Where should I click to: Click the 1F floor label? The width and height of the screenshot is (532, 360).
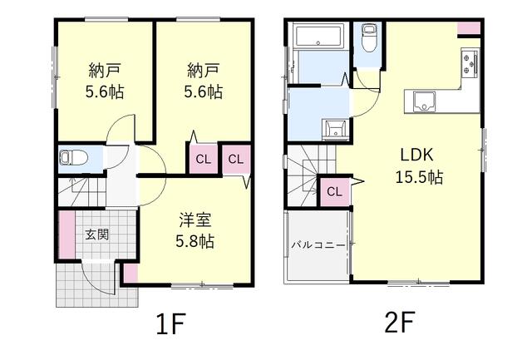coord(170,323)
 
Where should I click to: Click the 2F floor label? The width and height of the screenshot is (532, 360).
coord(400,323)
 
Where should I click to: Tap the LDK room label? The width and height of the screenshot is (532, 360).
coord(417,155)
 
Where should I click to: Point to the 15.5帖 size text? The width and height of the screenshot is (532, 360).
coord(419,177)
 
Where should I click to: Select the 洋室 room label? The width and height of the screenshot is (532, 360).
coord(195,219)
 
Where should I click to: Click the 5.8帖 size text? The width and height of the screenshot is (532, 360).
coord(195,241)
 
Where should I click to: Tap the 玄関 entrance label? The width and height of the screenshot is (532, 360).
coord(97,234)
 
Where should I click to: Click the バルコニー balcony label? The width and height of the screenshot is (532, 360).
coord(318,244)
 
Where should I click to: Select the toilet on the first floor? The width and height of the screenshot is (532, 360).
coord(74,158)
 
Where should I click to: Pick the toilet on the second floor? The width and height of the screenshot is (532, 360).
coord(367,38)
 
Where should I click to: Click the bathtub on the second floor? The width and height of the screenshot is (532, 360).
coord(318,35)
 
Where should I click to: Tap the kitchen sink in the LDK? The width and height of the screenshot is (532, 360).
coord(425,101)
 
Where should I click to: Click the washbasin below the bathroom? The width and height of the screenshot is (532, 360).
coord(336,129)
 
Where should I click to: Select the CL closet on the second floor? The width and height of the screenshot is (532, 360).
coord(334,192)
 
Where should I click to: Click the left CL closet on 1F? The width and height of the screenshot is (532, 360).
coord(203,159)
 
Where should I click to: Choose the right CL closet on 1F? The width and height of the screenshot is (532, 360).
coord(236,159)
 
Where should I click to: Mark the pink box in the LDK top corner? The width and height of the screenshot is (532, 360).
coord(469,27)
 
